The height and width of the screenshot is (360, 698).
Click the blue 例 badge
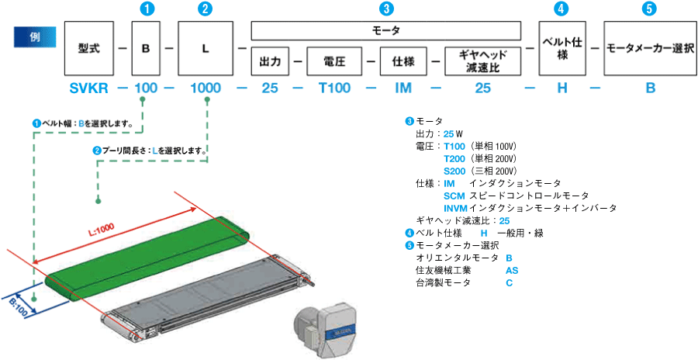pyautogui.click(x=34, y=38)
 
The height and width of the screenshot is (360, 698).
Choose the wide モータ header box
pyautogui.click(x=386, y=30)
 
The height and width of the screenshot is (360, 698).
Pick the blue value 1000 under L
pyautogui.click(x=205, y=88)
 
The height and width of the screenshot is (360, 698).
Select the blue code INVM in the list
pyautogui.click(x=455, y=208)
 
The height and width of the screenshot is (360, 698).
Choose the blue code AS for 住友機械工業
pyautogui.click(x=512, y=271)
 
